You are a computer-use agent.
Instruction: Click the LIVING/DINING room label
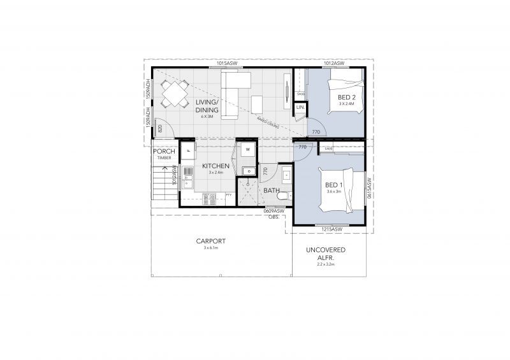coord(207,106)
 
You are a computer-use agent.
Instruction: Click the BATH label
coord(272,191)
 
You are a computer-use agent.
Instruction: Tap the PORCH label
coord(164,151)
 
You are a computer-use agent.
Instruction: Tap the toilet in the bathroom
coord(286,194)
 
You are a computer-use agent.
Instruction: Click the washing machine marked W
coord(246,151)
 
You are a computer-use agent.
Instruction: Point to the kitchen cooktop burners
coord(210,199)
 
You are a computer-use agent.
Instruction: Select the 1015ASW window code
coord(228,64)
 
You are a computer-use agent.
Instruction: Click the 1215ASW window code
coord(333,229)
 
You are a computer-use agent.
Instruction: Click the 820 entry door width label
coord(160,129)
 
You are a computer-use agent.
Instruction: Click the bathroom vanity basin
coord(286,175)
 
